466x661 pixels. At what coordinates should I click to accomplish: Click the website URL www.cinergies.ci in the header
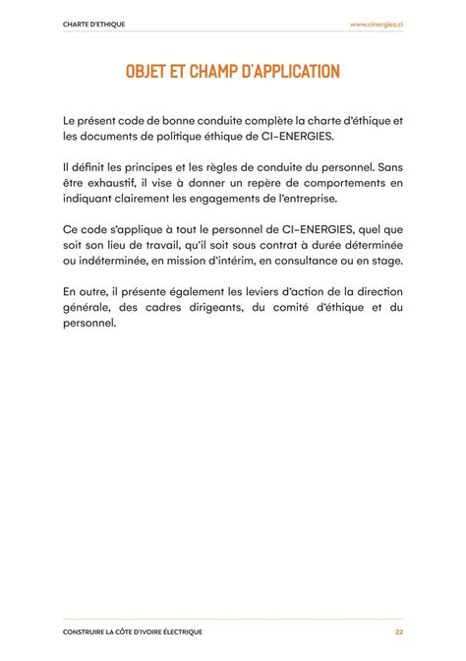(377, 23)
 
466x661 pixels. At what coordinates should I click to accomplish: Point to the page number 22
(399, 631)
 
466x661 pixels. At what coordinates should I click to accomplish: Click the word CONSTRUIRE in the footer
(87, 631)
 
